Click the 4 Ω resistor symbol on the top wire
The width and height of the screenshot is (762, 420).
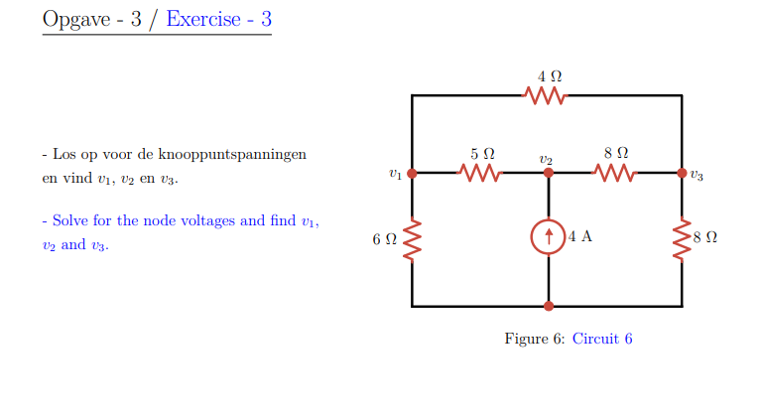(545, 95)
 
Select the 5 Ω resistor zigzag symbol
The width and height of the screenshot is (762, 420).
(480, 173)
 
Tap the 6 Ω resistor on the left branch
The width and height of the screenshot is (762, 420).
(412, 238)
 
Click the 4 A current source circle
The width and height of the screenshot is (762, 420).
(548, 238)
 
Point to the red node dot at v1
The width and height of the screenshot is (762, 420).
(412, 173)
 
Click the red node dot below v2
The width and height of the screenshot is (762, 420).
(548, 173)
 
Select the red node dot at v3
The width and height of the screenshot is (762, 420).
(682, 173)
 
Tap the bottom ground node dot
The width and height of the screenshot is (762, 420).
(548, 306)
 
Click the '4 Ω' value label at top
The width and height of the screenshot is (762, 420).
(550, 75)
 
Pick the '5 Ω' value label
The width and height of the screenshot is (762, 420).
(482, 154)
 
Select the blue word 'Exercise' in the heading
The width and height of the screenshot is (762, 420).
(203, 19)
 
